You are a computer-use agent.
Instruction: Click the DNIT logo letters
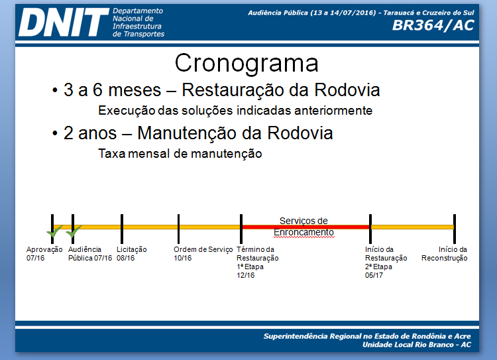(63, 23)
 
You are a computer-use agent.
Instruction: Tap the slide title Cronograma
(247, 63)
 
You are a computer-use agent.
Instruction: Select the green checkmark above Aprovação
(54, 232)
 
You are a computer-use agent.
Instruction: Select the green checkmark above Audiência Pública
(74, 232)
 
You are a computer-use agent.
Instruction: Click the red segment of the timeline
(305, 227)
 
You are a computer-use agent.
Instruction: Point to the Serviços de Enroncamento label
(304, 227)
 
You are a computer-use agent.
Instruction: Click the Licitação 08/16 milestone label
(131, 253)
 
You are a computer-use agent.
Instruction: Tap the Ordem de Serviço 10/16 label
(203, 253)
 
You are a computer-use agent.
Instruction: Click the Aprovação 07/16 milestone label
(44, 253)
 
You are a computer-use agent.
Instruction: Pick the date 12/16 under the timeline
(246, 275)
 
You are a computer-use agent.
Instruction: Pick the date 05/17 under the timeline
(374, 275)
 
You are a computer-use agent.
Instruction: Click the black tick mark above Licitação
(122, 227)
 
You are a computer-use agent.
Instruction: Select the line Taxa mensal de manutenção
(180, 154)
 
